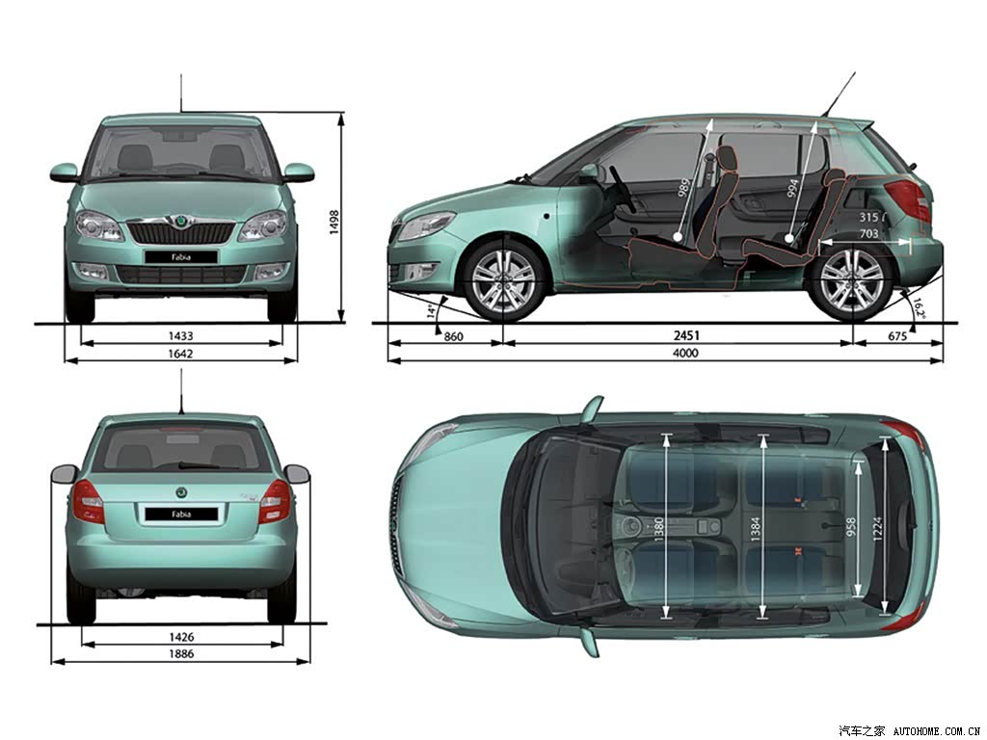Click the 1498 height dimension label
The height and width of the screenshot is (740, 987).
333,223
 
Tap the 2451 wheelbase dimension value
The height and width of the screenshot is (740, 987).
685,335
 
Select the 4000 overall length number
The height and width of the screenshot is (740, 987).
685,353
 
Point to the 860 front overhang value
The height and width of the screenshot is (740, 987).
453,336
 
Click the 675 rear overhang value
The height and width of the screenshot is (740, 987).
897,336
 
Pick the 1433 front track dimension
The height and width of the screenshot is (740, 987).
180,336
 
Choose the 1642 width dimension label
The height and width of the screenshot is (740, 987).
180,354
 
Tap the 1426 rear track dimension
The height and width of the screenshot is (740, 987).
180,637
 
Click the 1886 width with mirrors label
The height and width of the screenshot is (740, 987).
180,654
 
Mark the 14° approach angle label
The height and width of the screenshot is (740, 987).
432,311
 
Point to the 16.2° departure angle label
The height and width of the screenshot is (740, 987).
919,308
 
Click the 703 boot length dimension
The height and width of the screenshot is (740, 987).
868,234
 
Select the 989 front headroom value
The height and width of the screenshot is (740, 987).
684,188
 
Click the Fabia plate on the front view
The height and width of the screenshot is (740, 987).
180,256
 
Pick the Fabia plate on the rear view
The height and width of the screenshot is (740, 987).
181,515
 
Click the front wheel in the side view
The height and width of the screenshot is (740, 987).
503,278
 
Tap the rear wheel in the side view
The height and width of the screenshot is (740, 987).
853,279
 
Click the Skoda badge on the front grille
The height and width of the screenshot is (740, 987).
180,222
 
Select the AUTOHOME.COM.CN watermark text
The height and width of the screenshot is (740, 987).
937,731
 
